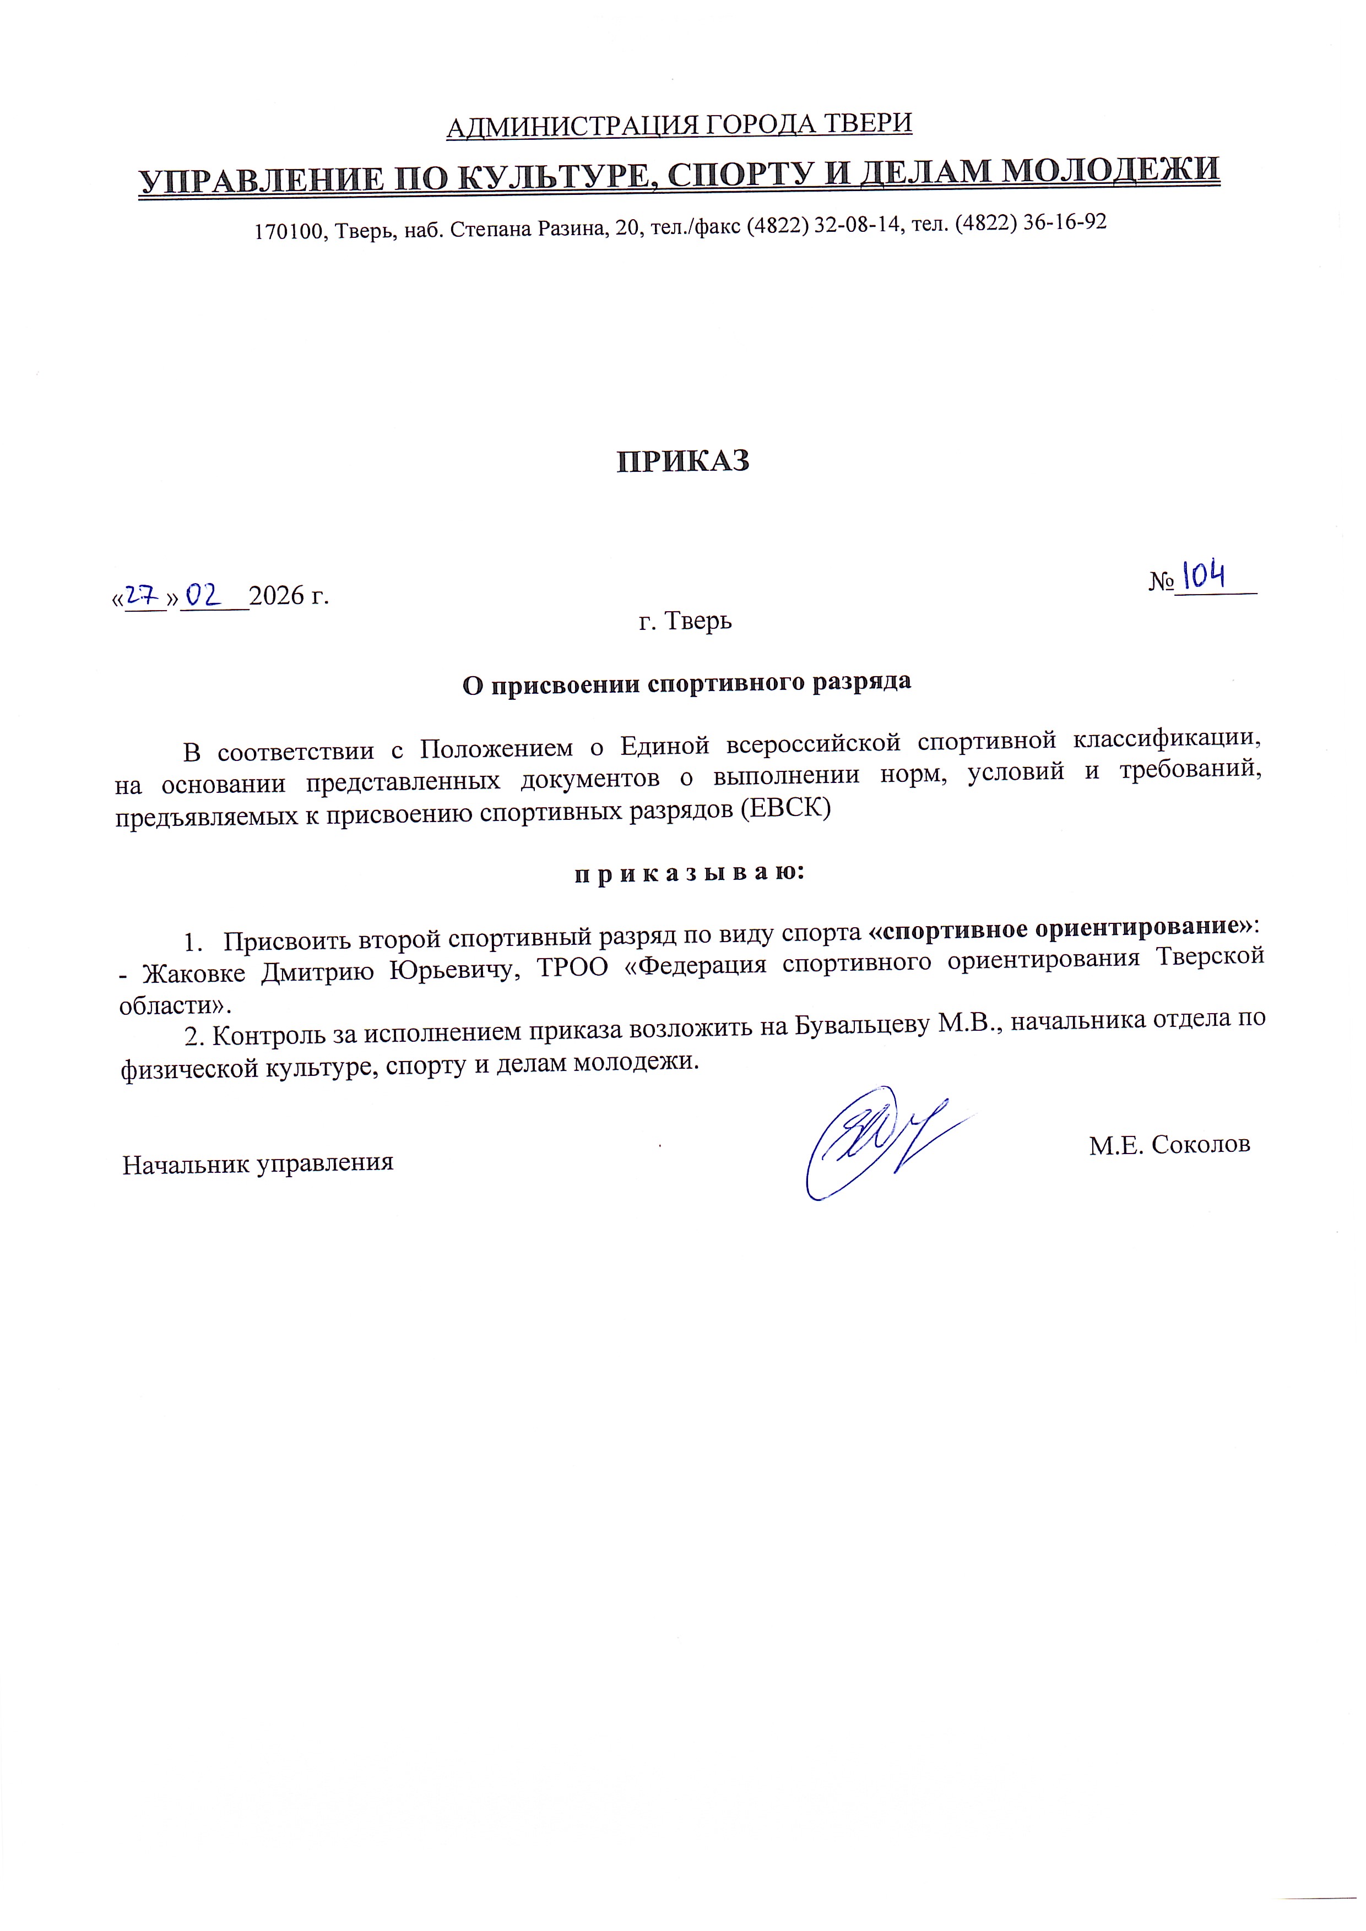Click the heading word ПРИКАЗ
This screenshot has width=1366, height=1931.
tap(683, 462)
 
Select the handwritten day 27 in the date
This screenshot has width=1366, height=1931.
tap(145, 595)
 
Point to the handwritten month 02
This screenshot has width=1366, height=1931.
tap(203, 595)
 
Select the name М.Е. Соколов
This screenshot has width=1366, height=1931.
tap(1169, 1145)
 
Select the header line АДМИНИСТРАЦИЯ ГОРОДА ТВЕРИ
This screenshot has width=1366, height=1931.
tap(679, 126)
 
